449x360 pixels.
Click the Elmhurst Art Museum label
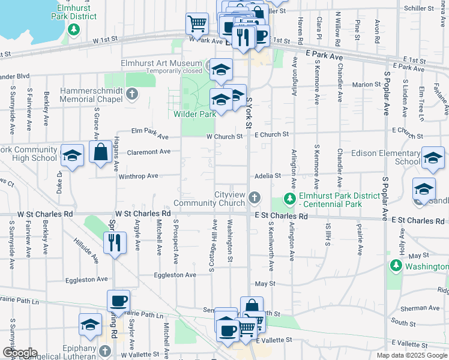coord(152,63)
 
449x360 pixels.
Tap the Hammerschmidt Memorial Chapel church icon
coord(132,94)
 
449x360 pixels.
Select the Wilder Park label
coord(194,114)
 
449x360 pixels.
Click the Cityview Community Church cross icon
coord(255,196)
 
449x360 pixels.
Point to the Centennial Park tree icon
coord(290,199)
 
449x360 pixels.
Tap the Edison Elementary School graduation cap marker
coord(433,158)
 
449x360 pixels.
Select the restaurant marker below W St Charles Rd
coord(114,243)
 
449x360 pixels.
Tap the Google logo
coord(19,353)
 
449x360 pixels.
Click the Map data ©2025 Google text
coord(412,355)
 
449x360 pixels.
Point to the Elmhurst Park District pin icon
coord(74,30)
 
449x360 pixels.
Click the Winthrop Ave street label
coord(138,176)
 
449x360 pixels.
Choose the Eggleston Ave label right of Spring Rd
coord(175,275)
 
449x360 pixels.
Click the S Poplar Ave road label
coord(386,96)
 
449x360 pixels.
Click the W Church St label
coord(224,136)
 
